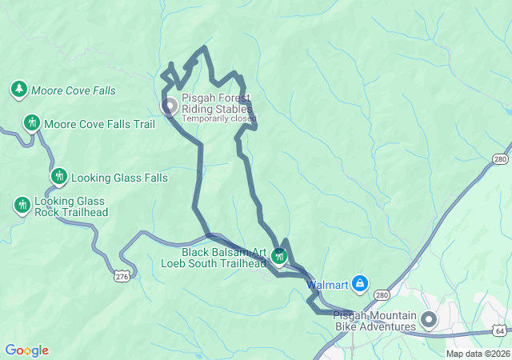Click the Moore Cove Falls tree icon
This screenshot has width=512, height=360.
pyautogui.click(x=18, y=90)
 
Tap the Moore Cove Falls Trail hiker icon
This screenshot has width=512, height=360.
pyautogui.click(x=32, y=123)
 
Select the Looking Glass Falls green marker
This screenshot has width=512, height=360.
pyautogui.click(x=58, y=177)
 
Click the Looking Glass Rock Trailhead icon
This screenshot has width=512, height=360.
pyautogui.click(x=22, y=206)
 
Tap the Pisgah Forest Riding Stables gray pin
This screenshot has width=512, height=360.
pyautogui.click(x=170, y=106)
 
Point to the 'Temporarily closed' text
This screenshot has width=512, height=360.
pyautogui.click(x=218, y=118)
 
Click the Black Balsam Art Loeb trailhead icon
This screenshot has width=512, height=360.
pyautogui.click(x=279, y=256)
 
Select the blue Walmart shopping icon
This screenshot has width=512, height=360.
pyautogui.click(x=361, y=283)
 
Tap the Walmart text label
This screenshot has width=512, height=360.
pyautogui.click(x=327, y=284)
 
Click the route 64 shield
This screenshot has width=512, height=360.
pyautogui.click(x=499, y=330)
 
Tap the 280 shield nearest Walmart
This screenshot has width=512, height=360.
pyautogui.click(x=382, y=295)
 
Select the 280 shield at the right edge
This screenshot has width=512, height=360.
pyautogui.click(x=501, y=158)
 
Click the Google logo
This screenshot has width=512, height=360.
pyautogui.click(x=26, y=350)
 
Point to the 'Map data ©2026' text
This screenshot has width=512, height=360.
pyautogui.click(x=477, y=354)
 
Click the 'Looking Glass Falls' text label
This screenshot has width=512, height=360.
pyautogui.click(x=119, y=178)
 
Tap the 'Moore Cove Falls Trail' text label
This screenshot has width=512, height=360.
pyautogui.click(x=99, y=124)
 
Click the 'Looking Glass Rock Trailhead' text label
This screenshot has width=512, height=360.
pyautogui.click(x=71, y=207)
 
